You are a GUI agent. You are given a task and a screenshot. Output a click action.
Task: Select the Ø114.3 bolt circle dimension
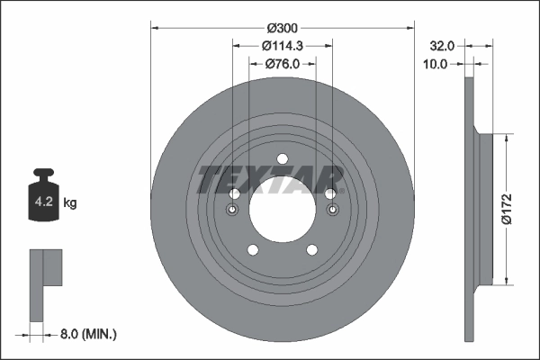[x=282, y=45]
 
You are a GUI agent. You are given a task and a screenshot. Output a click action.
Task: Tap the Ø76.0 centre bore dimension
[x=282, y=64]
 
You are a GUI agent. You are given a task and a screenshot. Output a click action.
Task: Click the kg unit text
[x=71, y=203]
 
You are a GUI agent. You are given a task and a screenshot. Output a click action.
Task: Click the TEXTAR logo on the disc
[x=270, y=180]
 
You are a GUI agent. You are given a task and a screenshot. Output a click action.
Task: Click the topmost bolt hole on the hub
[x=282, y=159]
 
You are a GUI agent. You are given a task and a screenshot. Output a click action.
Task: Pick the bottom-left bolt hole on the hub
[x=252, y=249]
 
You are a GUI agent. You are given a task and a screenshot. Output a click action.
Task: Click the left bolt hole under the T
[x=234, y=194]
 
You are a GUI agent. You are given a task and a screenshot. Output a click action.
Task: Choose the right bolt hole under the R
[x=330, y=194]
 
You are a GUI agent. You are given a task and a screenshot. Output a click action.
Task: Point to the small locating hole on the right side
[x=333, y=211]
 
